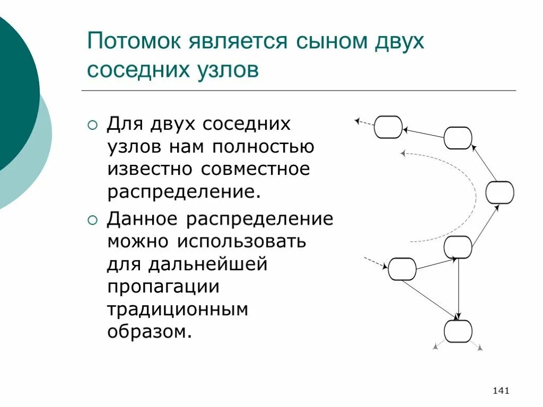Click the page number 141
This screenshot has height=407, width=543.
coord(501,391)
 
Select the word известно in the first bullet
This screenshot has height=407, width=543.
coord(150,170)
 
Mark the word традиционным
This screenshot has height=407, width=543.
coord(178,309)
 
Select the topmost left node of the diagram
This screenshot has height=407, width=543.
coord(388,127)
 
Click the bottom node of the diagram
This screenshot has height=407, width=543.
coord(458,331)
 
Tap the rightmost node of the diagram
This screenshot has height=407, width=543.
coord(500,192)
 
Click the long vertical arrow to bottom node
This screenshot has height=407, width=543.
coord(459,289)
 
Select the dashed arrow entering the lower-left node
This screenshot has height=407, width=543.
coord(375,263)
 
